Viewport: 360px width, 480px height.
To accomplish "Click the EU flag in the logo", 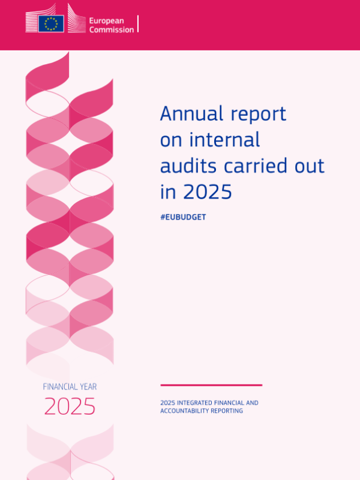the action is click(x=51, y=23).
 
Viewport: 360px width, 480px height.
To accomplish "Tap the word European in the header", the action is click(x=107, y=21).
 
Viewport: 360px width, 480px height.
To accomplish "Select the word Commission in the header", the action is click(x=112, y=29).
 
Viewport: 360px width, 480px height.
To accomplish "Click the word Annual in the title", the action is click(x=191, y=113).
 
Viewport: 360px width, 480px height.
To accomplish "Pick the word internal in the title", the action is click(x=224, y=140).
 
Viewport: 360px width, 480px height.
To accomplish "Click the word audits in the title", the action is click(x=188, y=166).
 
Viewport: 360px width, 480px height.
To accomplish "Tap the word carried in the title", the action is click(x=255, y=166).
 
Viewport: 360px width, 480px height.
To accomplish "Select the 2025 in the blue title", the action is click(x=208, y=192).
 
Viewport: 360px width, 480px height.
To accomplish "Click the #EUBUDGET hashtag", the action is click(x=183, y=217).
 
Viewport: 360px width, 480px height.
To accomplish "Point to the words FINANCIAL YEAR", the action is click(x=70, y=387).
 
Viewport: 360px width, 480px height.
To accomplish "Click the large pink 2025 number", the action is click(x=70, y=406).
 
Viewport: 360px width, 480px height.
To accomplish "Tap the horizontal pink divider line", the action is click(x=211, y=385).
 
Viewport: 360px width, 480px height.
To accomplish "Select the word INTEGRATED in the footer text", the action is click(x=194, y=403).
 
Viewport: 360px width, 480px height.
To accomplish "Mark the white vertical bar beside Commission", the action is click(x=138, y=23).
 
